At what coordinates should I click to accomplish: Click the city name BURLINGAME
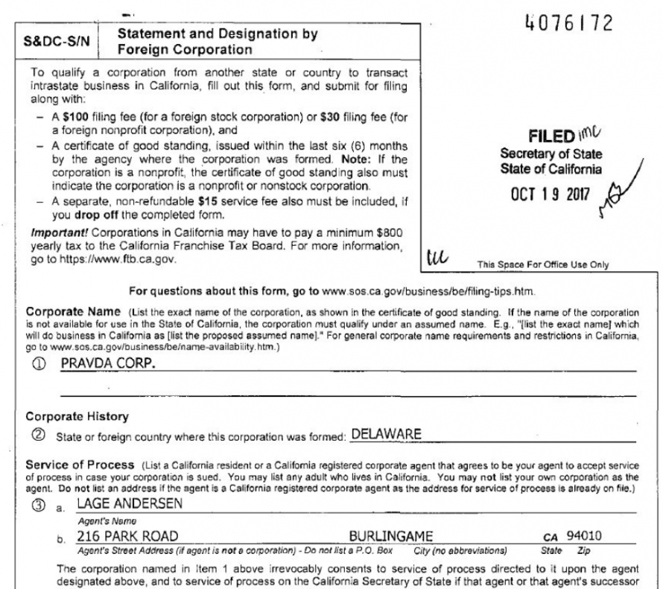390,535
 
